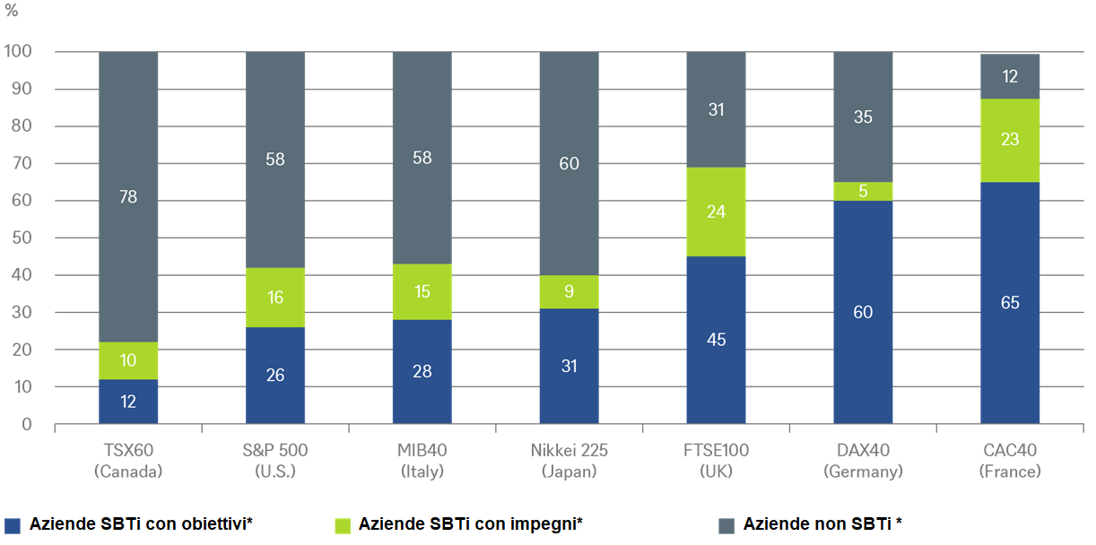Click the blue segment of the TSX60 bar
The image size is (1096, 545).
[x=128, y=402]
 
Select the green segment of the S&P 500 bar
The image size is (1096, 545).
[x=275, y=298]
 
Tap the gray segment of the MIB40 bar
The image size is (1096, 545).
[x=422, y=158]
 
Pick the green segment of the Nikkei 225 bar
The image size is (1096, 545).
[x=570, y=291]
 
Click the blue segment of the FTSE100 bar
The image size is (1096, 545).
[x=716, y=340]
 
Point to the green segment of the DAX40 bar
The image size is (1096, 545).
[x=863, y=191]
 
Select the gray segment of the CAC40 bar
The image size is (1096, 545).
[x=1010, y=76]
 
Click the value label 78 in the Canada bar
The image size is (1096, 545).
[x=128, y=197]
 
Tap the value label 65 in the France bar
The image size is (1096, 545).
[x=1010, y=303]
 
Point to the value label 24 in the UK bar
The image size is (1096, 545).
[x=716, y=212]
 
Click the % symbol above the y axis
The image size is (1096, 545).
[x=12, y=13]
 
